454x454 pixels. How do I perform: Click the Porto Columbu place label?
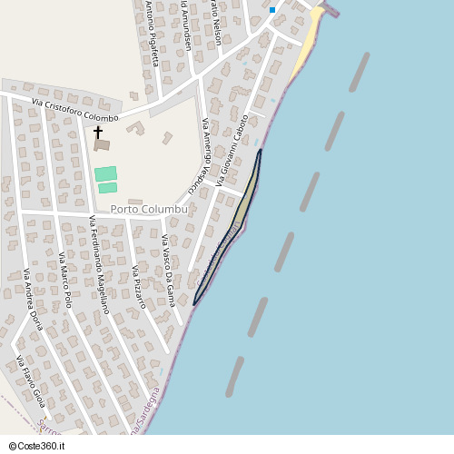click(x=149, y=209)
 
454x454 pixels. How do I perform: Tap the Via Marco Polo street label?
click(x=70, y=281)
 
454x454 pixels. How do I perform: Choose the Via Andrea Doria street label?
click(x=34, y=300)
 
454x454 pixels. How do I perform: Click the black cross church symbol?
click(x=98, y=133)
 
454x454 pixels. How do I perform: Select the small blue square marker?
click(x=271, y=10)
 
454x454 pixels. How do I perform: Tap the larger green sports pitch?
click(x=105, y=173)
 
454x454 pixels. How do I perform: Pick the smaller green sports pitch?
click(x=108, y=188)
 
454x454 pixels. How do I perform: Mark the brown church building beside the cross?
click(x=102, y=144)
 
